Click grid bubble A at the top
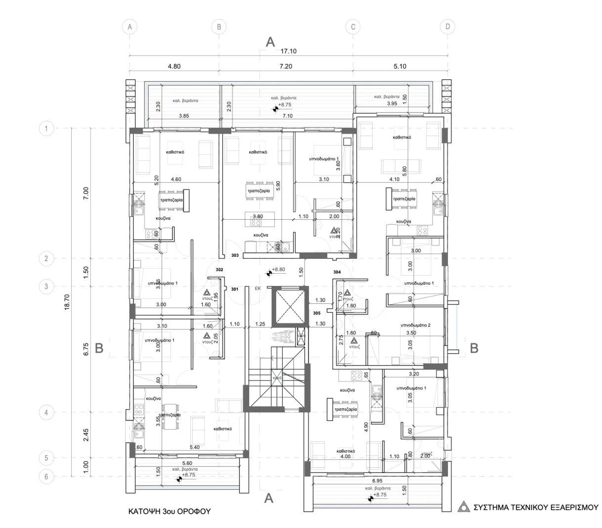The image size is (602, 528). tap(129, 27)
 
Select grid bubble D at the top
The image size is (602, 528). tap(447, 27)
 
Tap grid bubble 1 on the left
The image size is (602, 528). tap(46, 129)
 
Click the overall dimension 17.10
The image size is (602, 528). tap(288, 51)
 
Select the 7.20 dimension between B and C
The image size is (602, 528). tap(286, 66)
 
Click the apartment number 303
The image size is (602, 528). tap(235, 255)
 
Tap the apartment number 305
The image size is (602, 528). tap(317, 313)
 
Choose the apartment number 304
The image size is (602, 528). tap(337, 272)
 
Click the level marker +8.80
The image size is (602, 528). tap(278, 270)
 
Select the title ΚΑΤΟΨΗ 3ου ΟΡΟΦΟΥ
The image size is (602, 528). tap(170, 511)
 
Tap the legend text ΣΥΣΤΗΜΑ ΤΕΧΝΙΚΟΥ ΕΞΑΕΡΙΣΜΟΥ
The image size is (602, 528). tap(536, 507)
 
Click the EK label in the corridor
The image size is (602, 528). tap(258, 288)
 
